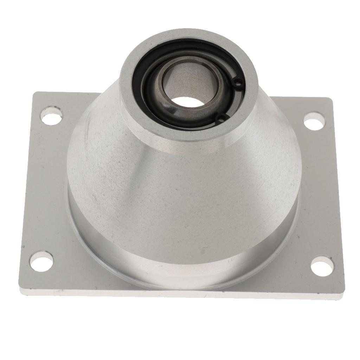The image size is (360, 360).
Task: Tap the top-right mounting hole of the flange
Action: click(314, 122)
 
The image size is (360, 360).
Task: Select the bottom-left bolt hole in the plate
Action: click(41, 261)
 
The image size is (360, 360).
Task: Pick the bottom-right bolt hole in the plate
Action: click(322, 266)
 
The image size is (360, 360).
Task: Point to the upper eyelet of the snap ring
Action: click(239, 83)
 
